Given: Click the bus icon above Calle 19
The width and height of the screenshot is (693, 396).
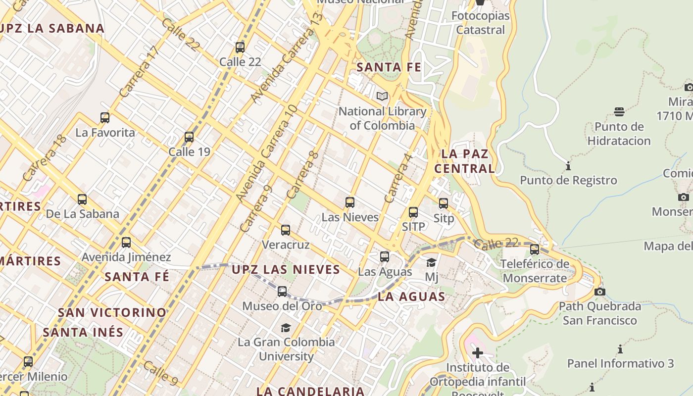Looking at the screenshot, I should [x=189, y=137].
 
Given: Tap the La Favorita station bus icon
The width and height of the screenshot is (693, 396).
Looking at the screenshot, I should [x=104, y=118].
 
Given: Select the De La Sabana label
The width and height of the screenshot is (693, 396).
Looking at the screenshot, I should [x=82, y=214].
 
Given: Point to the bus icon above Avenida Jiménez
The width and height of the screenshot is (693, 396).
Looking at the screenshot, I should [x=126, y=243].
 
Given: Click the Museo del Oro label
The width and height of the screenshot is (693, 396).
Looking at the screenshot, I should [x=282, y=306].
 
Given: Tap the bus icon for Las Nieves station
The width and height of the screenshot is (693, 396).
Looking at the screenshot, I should [x=350, y=202].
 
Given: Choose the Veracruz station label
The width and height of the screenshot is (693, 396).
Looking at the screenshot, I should [x=286, y=245].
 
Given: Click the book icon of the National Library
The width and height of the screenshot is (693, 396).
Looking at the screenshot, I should [x=382, y=96].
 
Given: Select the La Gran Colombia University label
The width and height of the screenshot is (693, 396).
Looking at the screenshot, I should [x=286, y=349].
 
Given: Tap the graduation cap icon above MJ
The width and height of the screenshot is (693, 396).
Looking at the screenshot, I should [x=431, y=262].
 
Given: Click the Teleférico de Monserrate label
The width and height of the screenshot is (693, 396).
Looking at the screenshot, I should [x=535, y=271].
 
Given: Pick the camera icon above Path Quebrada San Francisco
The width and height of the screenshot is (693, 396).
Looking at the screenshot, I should [x=600, y=292].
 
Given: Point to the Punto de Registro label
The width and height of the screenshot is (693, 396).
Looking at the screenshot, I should [x=568, y=180].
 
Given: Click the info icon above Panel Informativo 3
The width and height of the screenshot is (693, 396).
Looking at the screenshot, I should [x=620, y=349].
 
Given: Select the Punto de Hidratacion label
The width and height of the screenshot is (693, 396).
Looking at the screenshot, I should [x=619, y=134].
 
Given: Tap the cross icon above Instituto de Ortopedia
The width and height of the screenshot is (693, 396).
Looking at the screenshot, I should [x=477, y=353].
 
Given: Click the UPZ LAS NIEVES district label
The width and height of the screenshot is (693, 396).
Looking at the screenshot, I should [x=286, y=270].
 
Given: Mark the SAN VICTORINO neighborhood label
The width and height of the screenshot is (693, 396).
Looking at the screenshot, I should [x=112, y=312].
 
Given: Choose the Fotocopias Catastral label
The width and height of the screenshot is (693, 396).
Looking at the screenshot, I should [x=480, y=23].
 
